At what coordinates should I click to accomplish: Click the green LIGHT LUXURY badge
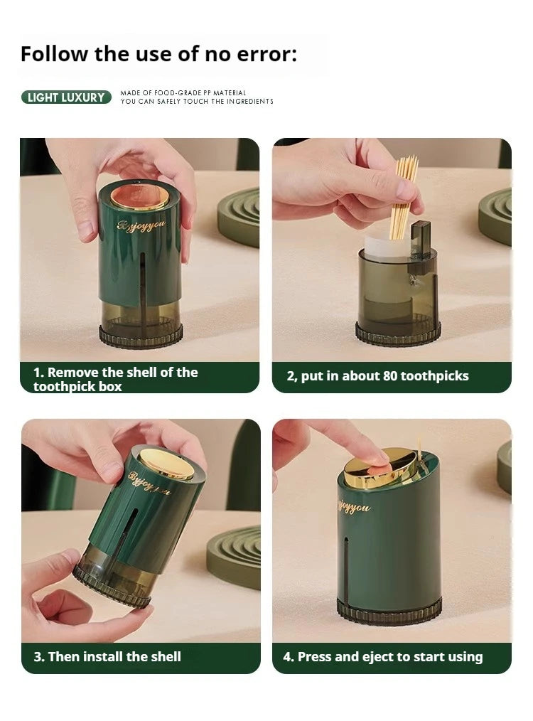coord(66,97)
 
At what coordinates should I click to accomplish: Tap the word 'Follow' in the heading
coord(54,54)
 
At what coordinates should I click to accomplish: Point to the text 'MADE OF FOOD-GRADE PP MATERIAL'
coord(183,92)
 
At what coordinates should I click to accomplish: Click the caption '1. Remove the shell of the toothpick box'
coord(115,379)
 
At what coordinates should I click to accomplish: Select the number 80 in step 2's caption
coord(389,376)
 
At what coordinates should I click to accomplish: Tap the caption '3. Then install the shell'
coord(107,656)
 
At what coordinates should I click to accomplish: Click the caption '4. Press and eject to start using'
coord(383,656)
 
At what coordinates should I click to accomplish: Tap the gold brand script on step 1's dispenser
coord(141,226)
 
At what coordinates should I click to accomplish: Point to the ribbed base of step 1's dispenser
coord(141,336)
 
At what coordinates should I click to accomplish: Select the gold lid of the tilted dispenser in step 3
coord(166,465)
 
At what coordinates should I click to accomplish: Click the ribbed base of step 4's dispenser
coord(389,611)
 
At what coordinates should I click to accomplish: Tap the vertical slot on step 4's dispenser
coord(345,568)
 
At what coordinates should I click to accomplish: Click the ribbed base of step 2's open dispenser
coord(398,334)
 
